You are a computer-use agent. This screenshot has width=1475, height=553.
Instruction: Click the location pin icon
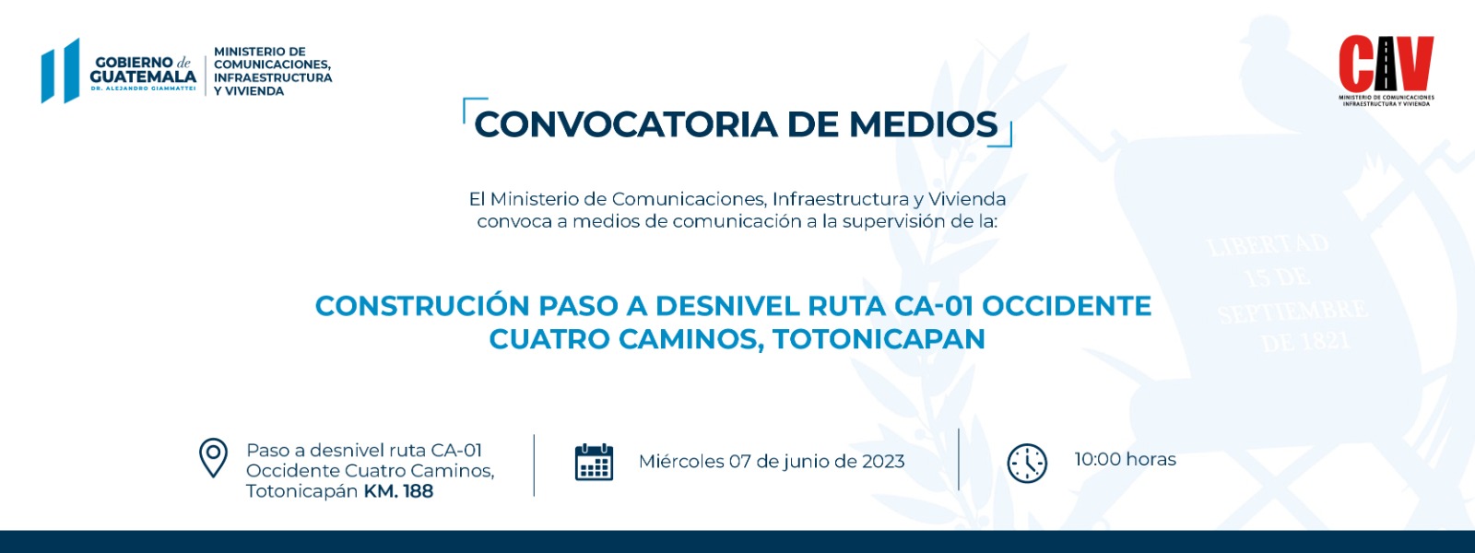213,457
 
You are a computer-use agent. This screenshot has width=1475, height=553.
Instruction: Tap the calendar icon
594,462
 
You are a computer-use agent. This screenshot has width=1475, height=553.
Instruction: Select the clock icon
1027,464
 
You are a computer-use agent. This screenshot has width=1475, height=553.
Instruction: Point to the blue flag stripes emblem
60,70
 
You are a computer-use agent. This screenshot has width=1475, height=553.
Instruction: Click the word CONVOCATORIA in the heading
626,124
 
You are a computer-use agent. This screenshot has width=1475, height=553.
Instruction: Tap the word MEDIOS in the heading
923,124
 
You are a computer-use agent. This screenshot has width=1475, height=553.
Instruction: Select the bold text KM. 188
398,491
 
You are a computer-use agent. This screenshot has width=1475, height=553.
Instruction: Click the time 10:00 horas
1126,459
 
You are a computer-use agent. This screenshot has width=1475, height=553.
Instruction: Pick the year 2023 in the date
880,462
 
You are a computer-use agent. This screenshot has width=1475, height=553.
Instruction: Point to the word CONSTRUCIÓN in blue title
422,305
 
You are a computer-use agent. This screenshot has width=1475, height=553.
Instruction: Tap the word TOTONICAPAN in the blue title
879,339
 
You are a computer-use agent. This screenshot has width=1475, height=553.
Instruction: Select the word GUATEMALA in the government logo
143,77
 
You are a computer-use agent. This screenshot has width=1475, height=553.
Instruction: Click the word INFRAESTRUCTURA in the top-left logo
273,77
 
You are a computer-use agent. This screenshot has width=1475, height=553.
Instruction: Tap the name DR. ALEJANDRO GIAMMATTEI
143,88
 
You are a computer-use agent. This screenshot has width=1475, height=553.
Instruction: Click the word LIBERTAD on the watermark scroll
1268,245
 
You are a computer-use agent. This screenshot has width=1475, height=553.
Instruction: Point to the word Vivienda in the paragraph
967,199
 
